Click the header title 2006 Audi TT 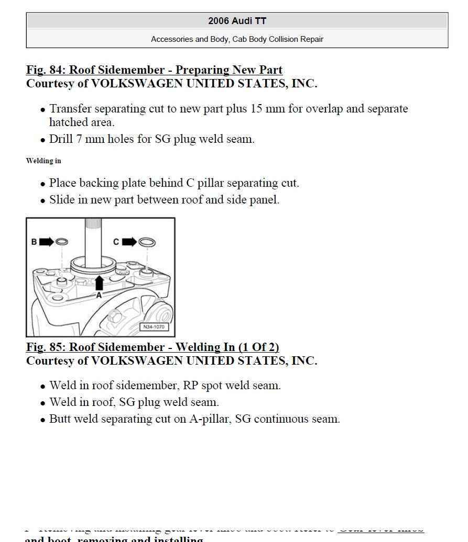pyautogui.click(x=237, y=21)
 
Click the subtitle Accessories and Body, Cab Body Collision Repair pyautogui.click(x=237, y=39)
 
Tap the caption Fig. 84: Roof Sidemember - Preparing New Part pyautogui.click(x=154, y=70)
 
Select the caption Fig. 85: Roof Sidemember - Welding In pyautogui.click(x=153, y=347)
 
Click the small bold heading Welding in pyautogui.click(x=43, y=161)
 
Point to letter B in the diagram pyautogui.click(x=34, y=242)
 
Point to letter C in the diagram pyautogui.click(x=116, y=242)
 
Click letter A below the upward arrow pyautogui.click(x=99, y=295)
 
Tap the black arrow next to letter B pyautogui.click(x=46, y=242)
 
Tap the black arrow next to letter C pyautogui.click(x=129, y=242)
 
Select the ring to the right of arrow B pyautogui.click(x=61, y=242)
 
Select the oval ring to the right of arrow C pyautogui.click(x=147, y=242)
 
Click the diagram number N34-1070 pyautogui.click(x=153, y=327)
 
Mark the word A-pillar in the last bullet pyautogui.click(x=210, y=419)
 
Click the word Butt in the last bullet pyautogui.click(x=60, y=419)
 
